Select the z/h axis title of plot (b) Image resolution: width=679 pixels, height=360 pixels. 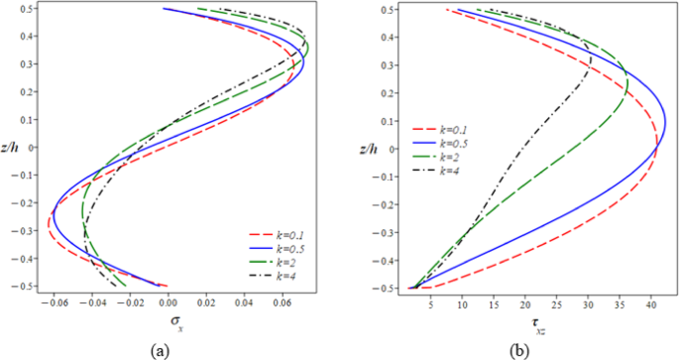[x=357, y=150]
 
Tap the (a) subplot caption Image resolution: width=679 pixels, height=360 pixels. [x=160, y=350]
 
